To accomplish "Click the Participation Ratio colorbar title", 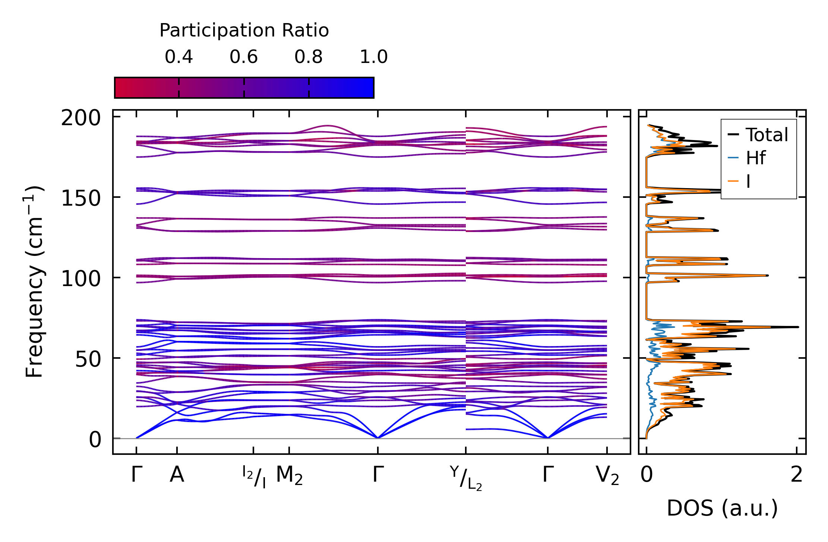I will tap(244, 31).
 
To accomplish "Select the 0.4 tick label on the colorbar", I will tap(179, 57).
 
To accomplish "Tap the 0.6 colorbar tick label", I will tap(244, 57).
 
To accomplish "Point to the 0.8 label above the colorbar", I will tap(309, 57).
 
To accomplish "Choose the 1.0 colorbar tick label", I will tap(374, 57).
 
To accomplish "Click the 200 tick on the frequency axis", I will tap(81, 118).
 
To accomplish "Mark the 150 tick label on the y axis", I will tap(81, 198).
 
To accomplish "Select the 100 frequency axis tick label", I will tap(81, 279).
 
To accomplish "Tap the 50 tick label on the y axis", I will tap(88, 359).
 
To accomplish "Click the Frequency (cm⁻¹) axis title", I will tap(34, 282).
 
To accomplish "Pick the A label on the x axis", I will tap(177, 475).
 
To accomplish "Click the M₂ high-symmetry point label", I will tap(289, 476).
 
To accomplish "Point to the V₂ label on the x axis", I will tap(607, 476).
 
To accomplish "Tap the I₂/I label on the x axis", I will tap(254, 477).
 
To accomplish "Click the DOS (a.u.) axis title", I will tap(722, 508).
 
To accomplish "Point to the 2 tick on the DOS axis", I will tap(797, 475).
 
